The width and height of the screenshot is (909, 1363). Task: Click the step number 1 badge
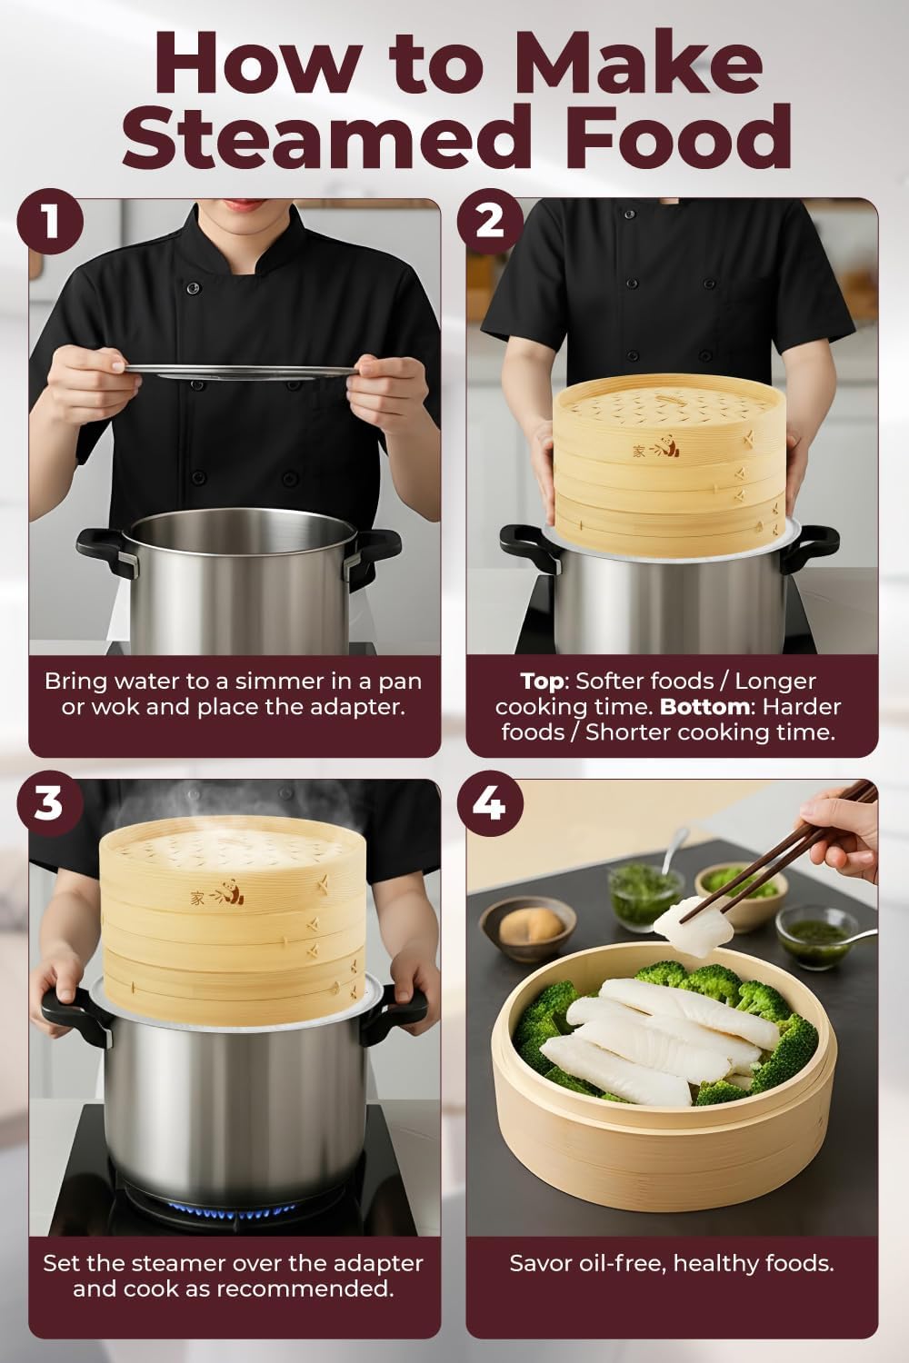tap(51, 222)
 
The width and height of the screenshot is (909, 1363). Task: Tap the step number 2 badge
tap(490, 222)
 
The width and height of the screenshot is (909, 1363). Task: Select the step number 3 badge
tap(51, 803)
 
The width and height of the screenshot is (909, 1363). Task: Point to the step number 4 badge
tap(490, 803)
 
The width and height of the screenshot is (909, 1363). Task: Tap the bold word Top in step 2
tap(541, 681)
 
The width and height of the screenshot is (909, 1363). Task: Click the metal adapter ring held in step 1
tap(238, 369)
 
